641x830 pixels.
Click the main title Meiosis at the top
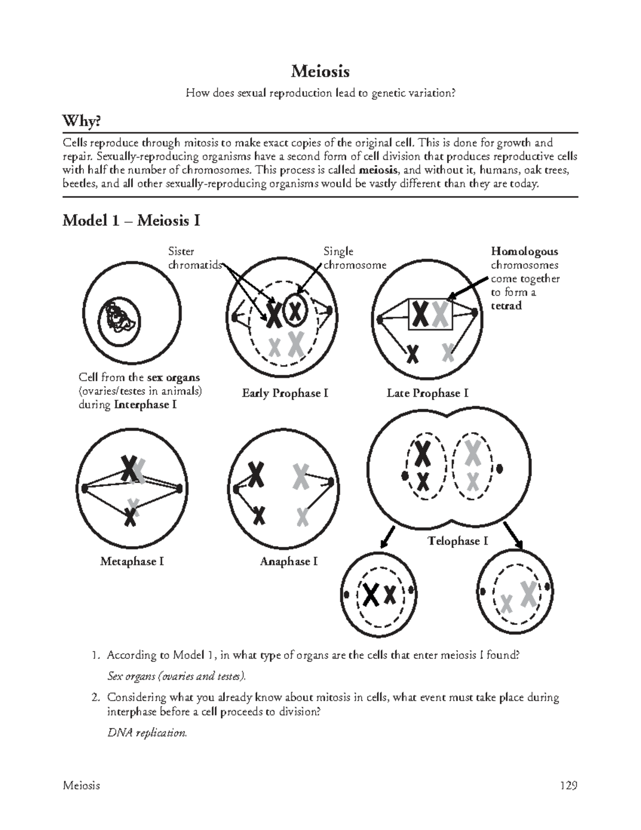click(320, 71)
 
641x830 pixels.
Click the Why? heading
click(81, 122)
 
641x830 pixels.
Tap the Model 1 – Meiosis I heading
click(131, 220)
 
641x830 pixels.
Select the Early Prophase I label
click(285, 393)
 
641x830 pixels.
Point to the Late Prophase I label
click(427, 393)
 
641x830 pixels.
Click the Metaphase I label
click(131, 562)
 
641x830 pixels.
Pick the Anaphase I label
click(288, 562)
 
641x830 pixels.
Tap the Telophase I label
click(458, 541)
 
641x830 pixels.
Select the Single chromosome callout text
click(354, 258)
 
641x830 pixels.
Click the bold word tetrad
click(506, 306)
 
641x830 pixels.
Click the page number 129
click(568, 786)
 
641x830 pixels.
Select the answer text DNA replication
click(147, 733)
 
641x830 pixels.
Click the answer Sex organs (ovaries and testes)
click(177, 676)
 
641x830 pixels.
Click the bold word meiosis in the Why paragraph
click(378, 170)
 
